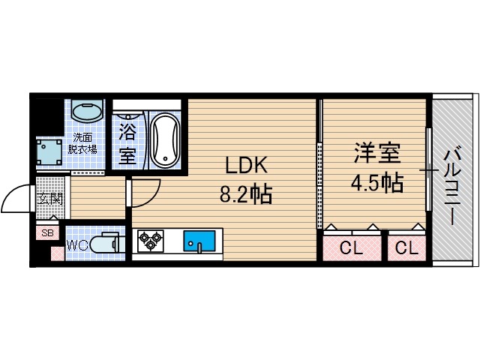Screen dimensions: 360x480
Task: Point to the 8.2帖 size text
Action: [x=245, y=194]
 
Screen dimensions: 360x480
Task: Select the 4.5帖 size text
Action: [x=377, y=182]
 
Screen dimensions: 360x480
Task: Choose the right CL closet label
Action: [x=406, y=248]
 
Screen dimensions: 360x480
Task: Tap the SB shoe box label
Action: [x=47, y=232]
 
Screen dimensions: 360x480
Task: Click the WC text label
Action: [x=77, y=245]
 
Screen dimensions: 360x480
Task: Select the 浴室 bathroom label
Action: [x=127, y=145]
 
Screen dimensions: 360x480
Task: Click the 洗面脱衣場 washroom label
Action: [x=84, y=143]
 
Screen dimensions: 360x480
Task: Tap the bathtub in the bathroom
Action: [x=164, y=139]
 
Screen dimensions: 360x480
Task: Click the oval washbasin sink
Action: [x=88, y=113]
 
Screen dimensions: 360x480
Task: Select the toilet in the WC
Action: [x=106, y=244]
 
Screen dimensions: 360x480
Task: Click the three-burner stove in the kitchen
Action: [x=151, y=241]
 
